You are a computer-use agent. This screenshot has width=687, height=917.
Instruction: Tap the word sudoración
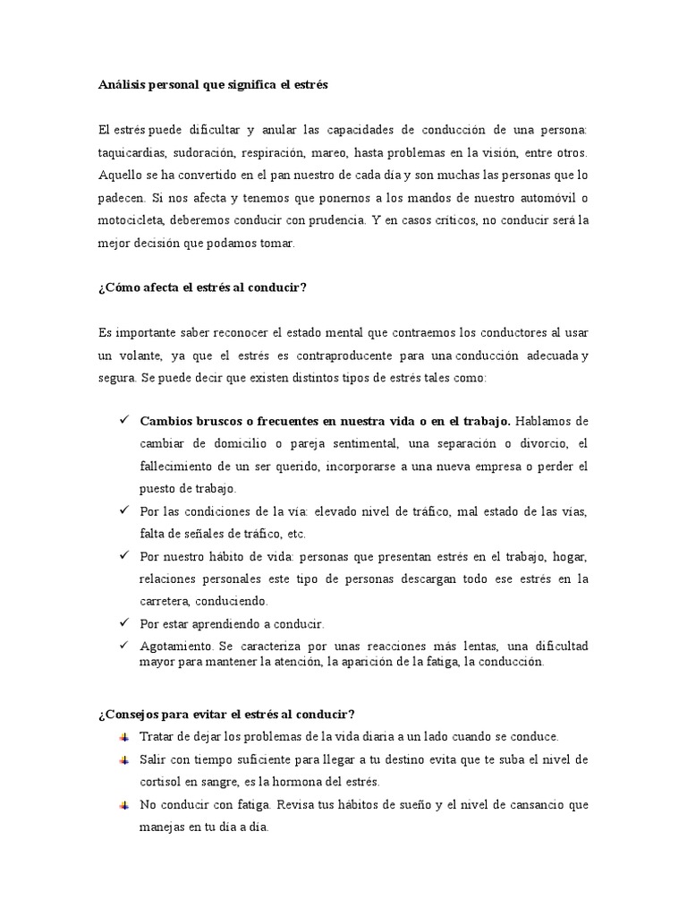point(206,152)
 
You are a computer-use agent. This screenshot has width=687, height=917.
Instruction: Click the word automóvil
point(545,197)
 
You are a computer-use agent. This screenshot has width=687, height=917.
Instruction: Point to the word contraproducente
point(366,356)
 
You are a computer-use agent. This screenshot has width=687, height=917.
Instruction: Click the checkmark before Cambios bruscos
point(123,420)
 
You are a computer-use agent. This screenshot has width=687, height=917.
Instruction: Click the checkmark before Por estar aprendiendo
point(123,622)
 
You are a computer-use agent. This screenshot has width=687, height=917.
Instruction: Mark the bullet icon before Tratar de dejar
point(123,736)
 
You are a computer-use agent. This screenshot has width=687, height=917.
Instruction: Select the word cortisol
point(162,782)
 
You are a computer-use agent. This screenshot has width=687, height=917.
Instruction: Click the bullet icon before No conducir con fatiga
point(123,805)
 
